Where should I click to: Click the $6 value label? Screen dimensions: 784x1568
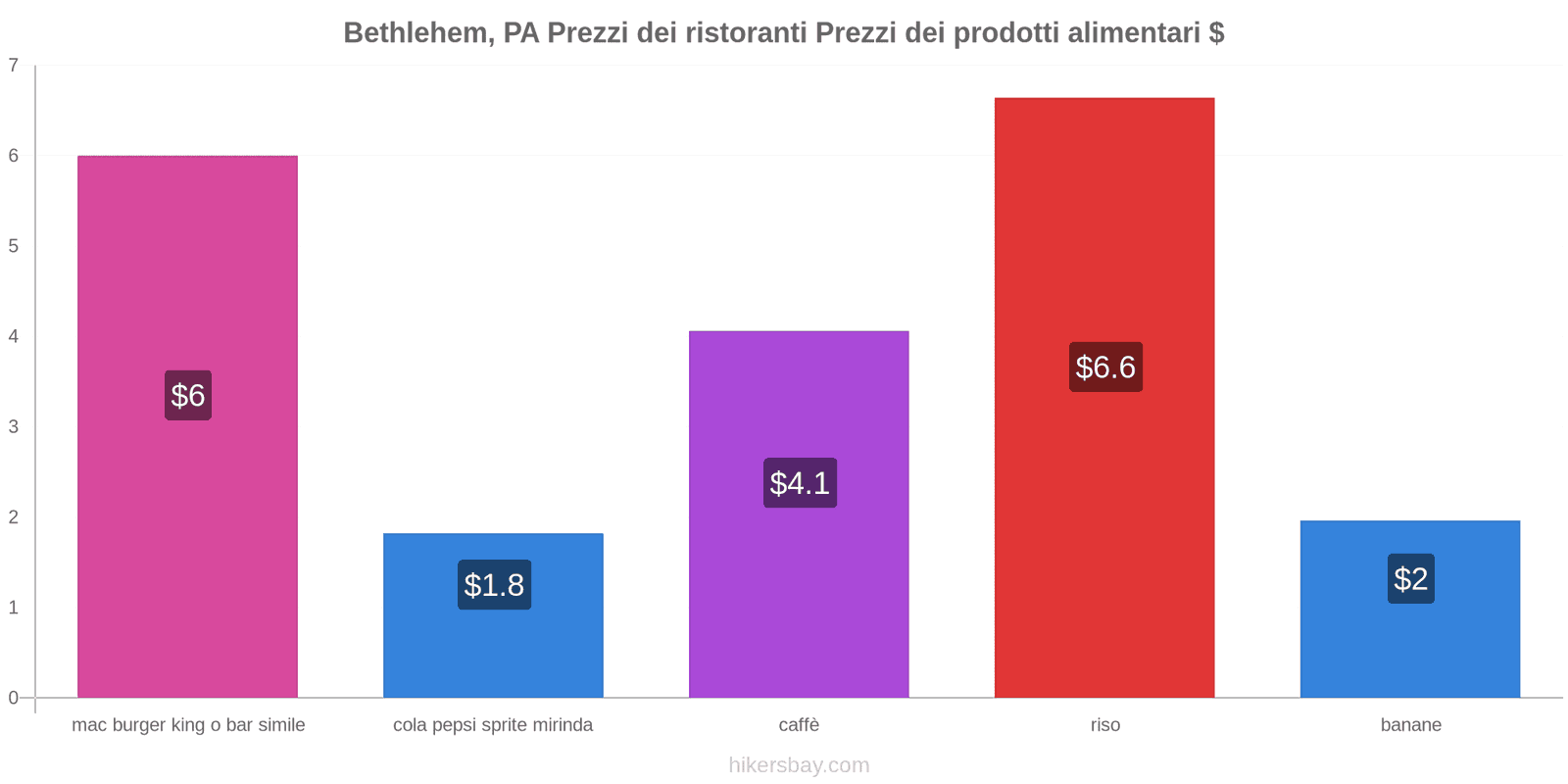pos(188,396)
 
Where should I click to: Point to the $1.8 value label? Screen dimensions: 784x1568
pos(494,585)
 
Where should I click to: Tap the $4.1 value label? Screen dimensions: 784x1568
pos(800,483)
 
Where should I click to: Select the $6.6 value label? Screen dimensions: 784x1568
pos(1105,367)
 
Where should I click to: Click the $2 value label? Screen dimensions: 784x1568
pos(1410,579)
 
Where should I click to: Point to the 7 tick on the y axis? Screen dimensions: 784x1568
pos(14,66)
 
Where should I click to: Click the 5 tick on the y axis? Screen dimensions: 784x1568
pos(14,246)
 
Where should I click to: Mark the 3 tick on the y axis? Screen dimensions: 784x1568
pos(14,427)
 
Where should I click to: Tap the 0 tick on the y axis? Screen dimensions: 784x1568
pos(14,698)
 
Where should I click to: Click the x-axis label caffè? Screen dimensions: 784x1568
pos(799,725)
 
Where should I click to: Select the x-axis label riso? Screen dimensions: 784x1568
pos(1104,725)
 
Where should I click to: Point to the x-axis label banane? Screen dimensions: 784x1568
pos(1410,725)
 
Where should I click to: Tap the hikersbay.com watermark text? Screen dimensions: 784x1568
pos(799,765)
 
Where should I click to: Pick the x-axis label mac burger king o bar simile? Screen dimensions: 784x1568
pos(188,725)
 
